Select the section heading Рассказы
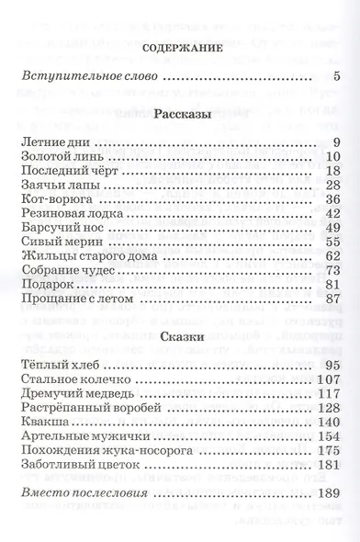pos(180,114)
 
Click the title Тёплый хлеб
pos(52,367)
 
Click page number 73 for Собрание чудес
pos(333,270)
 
